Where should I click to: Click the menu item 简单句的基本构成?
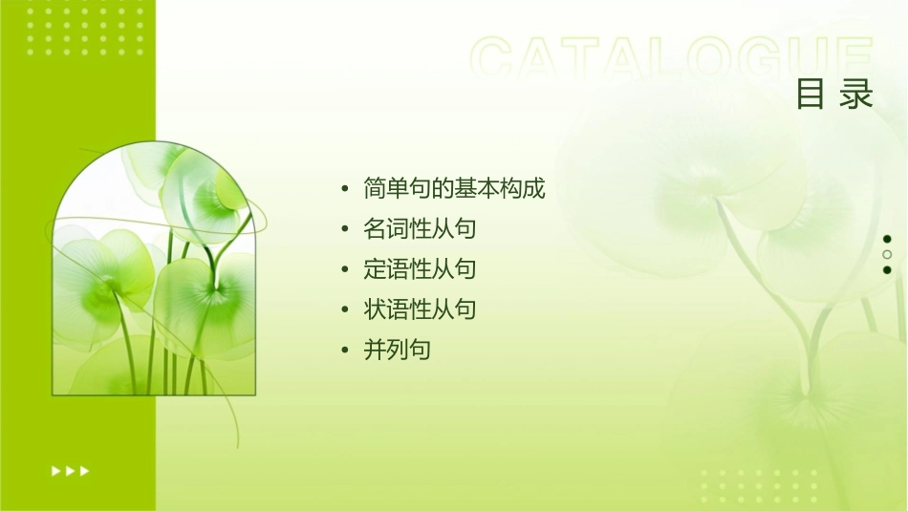[454, 189]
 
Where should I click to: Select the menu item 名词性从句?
[420, 229]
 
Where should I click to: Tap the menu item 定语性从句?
[420, 269]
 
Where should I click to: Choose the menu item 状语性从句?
[420, 309]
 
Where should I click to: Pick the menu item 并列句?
[397, 350]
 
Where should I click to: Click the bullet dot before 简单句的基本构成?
[345, 190]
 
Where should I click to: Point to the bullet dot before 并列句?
[345, 351]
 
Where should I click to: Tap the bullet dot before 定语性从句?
[345, 270]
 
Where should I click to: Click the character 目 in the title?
[811, 95]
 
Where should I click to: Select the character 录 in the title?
[857, 95]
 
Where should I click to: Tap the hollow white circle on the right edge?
[887, 254]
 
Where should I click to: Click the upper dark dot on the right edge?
[887, 239]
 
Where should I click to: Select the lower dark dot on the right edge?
[887, 269]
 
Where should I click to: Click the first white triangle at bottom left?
[55, 471]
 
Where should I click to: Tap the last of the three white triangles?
[85, 471]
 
